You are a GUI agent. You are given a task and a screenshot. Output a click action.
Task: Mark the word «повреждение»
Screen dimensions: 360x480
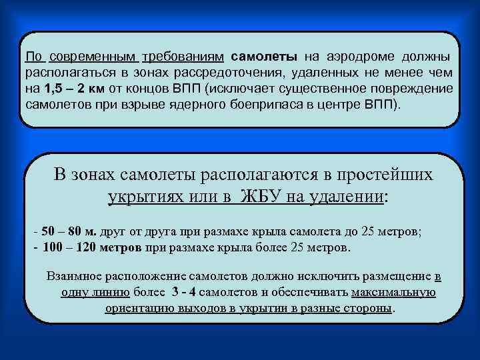pos(411,89)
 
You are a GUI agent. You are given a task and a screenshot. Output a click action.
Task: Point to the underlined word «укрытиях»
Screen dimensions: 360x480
pos(145,197)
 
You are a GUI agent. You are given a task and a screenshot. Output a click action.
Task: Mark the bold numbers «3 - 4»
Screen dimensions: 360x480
pos(184,293)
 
